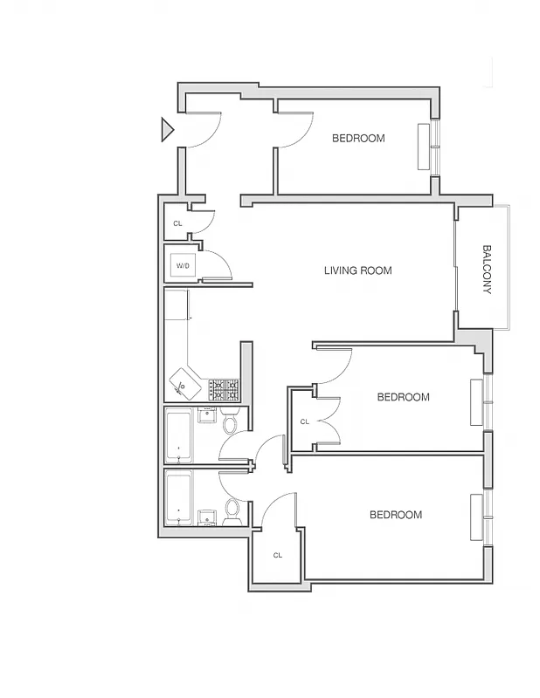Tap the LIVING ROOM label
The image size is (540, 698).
click(x=357, y=270)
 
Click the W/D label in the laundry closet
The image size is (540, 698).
click(x=183, y=265)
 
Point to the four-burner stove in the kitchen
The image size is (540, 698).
click(x=224, y=388)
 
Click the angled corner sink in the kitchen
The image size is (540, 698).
click(x=185, y=382)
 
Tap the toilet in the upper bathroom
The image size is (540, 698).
click(x=230, y=424)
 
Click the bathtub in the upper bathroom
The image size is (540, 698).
click(x=179, y=435)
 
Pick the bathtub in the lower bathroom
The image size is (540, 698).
click(x=179, y=498)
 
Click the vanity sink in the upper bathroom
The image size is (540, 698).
click(x=206, y=414)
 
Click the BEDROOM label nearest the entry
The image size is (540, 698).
click(x=358, y=138)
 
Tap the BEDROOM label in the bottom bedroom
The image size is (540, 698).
click(x=395, y=515)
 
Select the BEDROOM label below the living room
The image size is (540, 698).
click(x=403, y=397)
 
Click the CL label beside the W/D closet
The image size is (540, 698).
click(x=177, y=224)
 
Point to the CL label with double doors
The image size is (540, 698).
click(x=304, y=421)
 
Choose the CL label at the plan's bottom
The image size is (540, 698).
click(x=277, y=555)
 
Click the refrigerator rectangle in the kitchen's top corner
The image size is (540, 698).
click(x=177, y=305)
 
